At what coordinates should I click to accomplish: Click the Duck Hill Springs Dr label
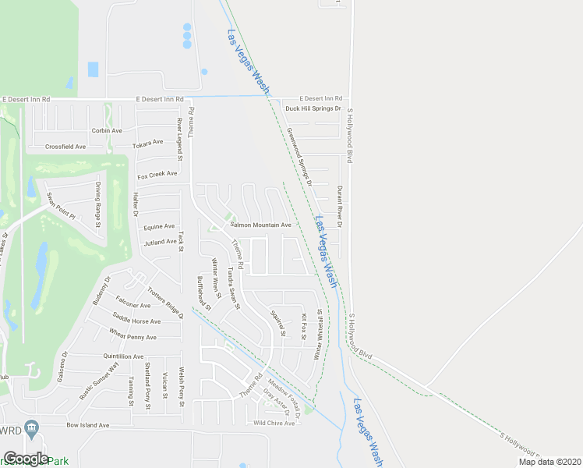[313, 108]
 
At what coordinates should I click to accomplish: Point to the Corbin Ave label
[107, 130]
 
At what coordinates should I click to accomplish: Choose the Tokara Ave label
[147, 143]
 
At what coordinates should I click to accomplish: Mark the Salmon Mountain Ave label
[260, 225]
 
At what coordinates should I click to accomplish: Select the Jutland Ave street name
[160, 242]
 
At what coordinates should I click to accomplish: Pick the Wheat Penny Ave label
[132, 338]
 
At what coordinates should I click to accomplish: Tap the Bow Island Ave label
[87, 426]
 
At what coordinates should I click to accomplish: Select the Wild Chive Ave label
[274, 423]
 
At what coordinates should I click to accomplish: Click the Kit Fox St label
[304, 326]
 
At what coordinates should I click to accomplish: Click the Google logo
[26, 459]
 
